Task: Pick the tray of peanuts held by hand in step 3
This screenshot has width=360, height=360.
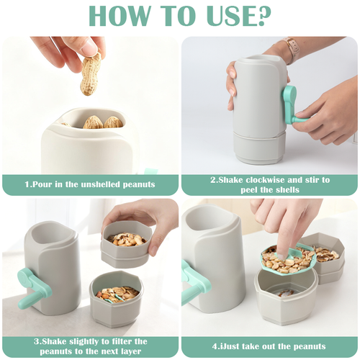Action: click(126, 245)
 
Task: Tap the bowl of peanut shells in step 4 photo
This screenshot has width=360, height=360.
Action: click(323, 257)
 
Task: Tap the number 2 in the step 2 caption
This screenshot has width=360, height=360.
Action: click(213, 180)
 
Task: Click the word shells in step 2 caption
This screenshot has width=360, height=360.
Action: click(287, 190)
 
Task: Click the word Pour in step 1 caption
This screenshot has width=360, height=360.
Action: click(41, 184)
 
